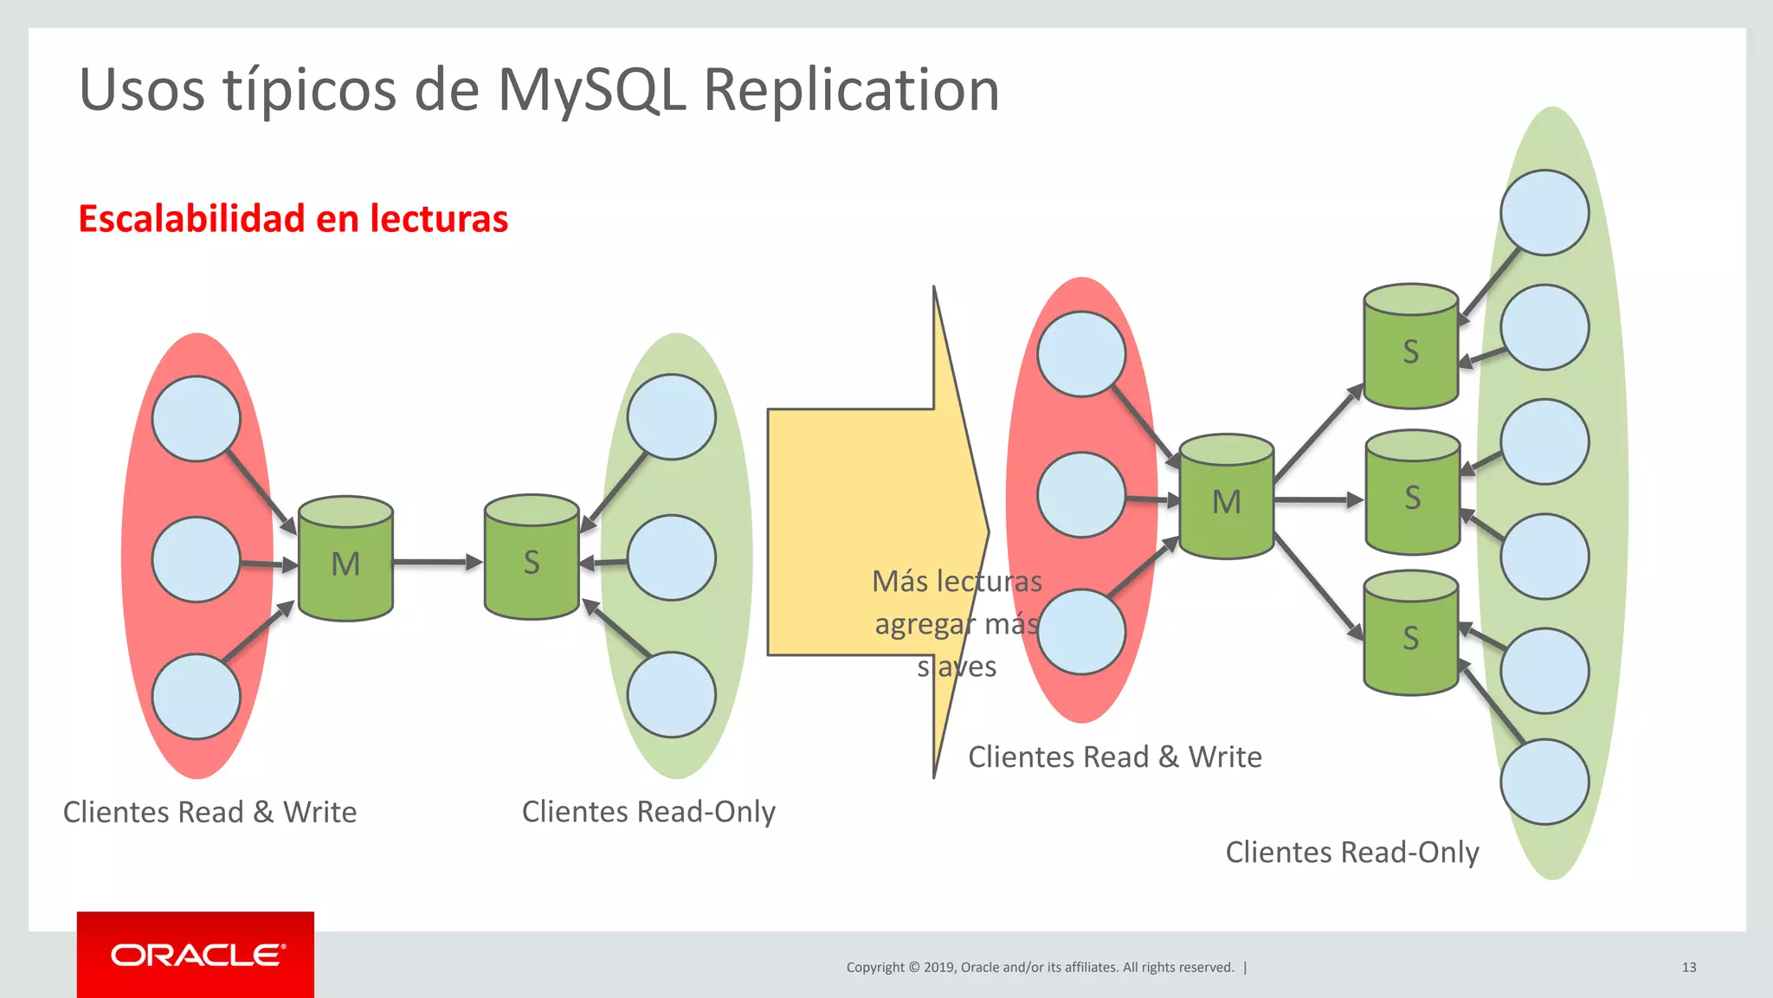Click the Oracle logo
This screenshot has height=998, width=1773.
pos(196,955)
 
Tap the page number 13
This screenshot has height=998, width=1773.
pos(1688,967)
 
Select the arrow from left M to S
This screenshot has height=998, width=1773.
pos(437,562)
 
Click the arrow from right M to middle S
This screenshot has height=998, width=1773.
pos(1318,499)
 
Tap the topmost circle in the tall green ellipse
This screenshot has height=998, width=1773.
pos(1544,213)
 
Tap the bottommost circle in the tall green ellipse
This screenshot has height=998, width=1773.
pos(1544,782)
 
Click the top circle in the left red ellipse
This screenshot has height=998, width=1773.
pos(197,419)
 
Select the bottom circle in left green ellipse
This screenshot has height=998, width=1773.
pos(671,695)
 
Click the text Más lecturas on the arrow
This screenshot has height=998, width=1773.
pos(957,581)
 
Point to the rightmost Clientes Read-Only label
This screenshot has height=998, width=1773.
pos(1351,852)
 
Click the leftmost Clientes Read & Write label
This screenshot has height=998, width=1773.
pos(210,812)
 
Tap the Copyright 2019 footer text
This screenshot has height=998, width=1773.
pos(1040,967)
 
